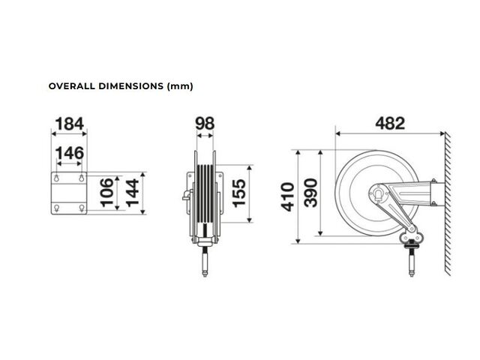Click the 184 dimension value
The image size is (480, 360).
pyautogui.click(x=70, y=124)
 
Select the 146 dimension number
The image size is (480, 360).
pyautogui.click(x=70, y=153)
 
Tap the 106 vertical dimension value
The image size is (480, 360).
pyautogui.click(x=106, y=193)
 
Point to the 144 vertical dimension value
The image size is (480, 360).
pyautogui.click(x=132, y=193)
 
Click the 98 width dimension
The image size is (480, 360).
pyautogui.click(x=205, y=124)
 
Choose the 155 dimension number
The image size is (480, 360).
pyautogui.click(x=239, y=193)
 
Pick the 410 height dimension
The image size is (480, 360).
pyautogui.click(x=288, y=197)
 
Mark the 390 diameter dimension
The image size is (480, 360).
pyautogui.click(x=311, y=193)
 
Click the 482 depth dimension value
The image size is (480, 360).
pyautogui.click(x=390, y=123)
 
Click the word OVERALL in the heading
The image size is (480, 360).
pyautogui.click(x=72, y=86)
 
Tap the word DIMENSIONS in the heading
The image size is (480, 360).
pyautogui.click(x=131, y=86)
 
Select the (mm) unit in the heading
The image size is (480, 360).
pyautogui.click(x=180, y=86)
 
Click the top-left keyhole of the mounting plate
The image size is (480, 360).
pyautogui.click(x=57, y=178)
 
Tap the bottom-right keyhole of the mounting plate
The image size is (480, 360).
pyautogui.click(x=82, y=208)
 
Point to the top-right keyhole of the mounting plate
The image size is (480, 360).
pyautogui.click(x=82, y=178)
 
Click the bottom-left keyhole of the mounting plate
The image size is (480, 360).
pyautogui.click(x=57, y=208)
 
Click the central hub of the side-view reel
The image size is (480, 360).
pyautogui.click(x=379, y=193)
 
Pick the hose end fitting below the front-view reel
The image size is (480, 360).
pyautogui.click(x=205, y=262)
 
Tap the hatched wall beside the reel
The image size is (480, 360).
pyautogui.click(x=448, y=203)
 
